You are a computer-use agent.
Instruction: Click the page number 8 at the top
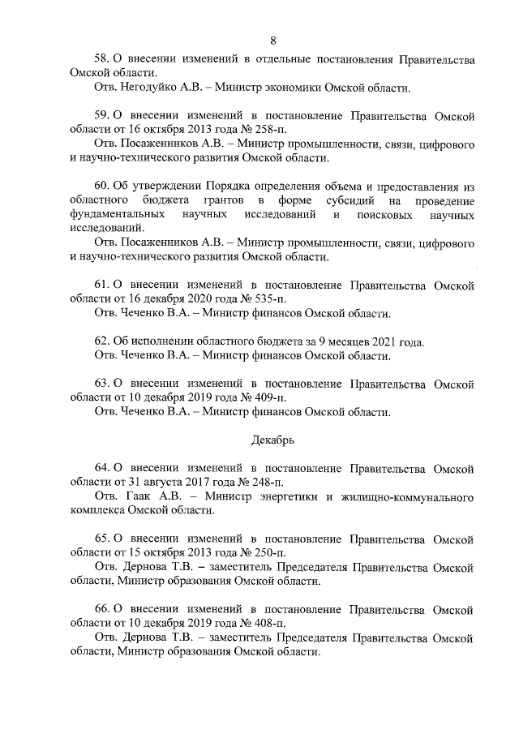click(273, 41)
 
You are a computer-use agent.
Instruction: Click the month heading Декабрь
click(272, 440)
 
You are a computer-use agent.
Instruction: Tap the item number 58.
click(101, 59)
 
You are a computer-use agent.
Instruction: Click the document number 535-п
click(273, 298)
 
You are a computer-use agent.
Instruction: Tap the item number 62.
click(101, 341)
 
